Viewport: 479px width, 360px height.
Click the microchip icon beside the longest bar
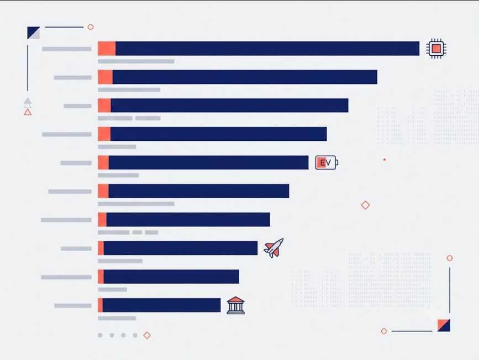point(436,49)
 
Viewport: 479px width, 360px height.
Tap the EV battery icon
point(327,162)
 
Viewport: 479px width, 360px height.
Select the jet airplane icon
point(273,248)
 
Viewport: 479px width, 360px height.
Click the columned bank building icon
point(235,305)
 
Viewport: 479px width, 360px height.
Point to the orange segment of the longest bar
point(107,49)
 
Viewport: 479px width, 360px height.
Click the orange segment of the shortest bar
point(100,305)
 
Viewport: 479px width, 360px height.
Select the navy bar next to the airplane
point(181,248)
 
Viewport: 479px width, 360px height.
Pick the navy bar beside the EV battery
point(208,162)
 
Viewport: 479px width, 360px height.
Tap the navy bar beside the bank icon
point(162,305)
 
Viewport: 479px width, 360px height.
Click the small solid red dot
point(385,160)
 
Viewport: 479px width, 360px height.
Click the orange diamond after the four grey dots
point(147,335)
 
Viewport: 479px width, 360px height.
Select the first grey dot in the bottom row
point(100,335)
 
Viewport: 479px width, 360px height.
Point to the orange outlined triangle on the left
point(28,113)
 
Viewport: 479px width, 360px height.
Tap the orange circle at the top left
point(91,27)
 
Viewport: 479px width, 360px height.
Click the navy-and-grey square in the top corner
point(33,33)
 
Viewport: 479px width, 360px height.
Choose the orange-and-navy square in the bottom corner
point(444,325)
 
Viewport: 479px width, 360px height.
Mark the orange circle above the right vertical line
point(450,258)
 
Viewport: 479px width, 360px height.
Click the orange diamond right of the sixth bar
point(365,205)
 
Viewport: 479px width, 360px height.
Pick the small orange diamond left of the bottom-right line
point(384,331)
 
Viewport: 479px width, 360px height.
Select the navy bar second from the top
point(245,77)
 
